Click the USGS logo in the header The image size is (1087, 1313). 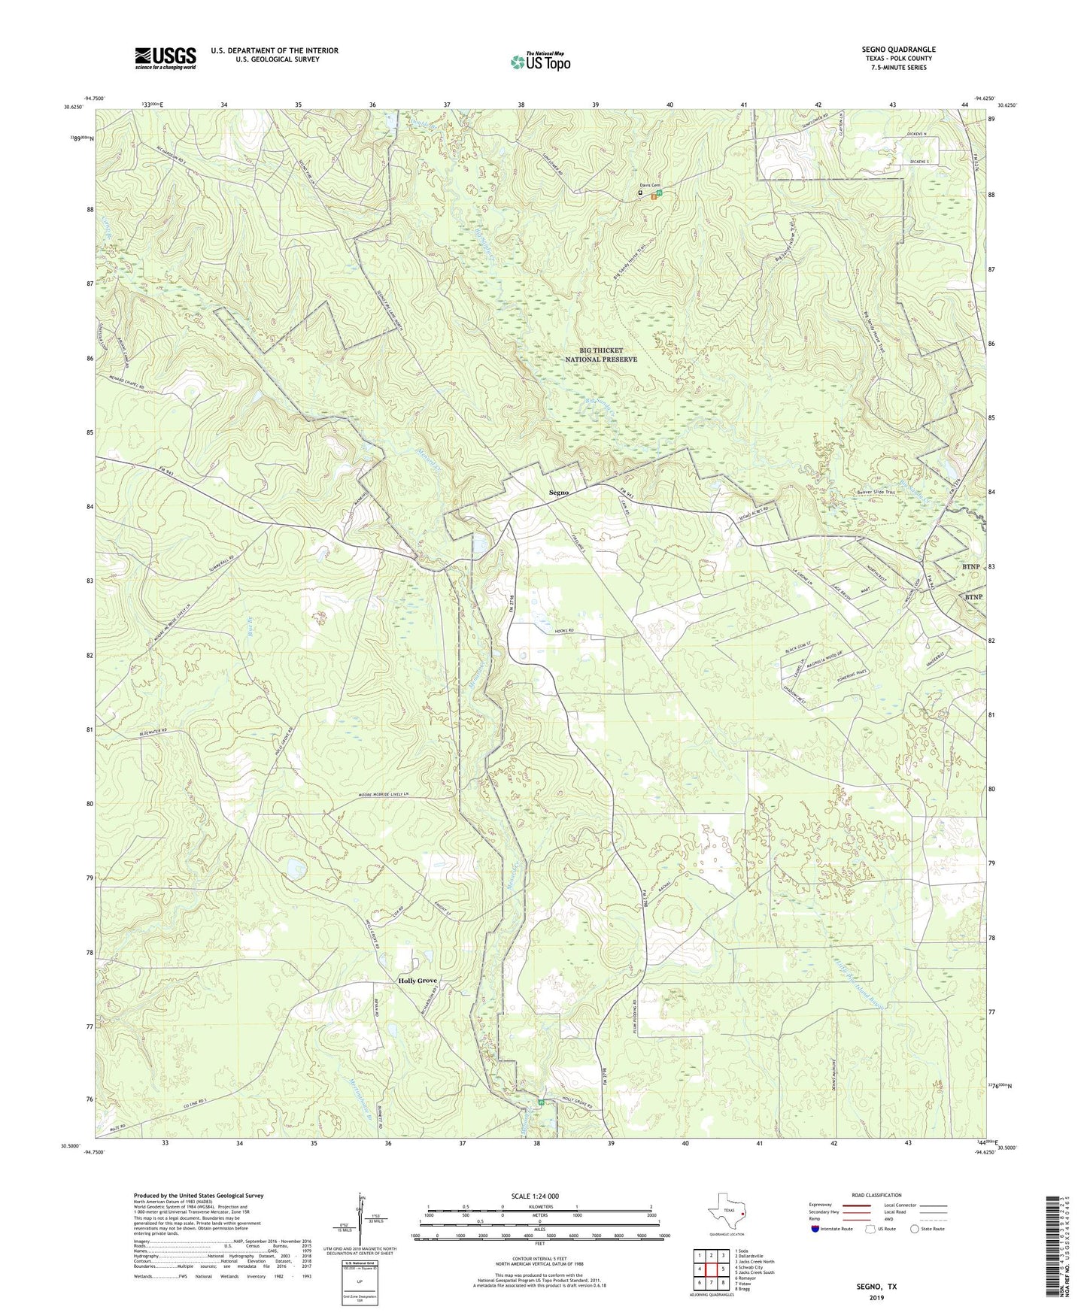click(x=165, y=58)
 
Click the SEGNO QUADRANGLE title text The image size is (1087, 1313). click(x=898, y=50)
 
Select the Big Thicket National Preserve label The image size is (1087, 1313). click(x=601, y=355)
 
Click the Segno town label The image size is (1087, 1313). click(x=558, y=493)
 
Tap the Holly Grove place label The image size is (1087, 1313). click(x=417, y=981)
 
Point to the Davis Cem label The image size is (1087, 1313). click(x=649, y=185)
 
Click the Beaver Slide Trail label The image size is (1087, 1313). click(x=876, y=493)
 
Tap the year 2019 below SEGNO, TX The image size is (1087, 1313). click(x=876, y=1297)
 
